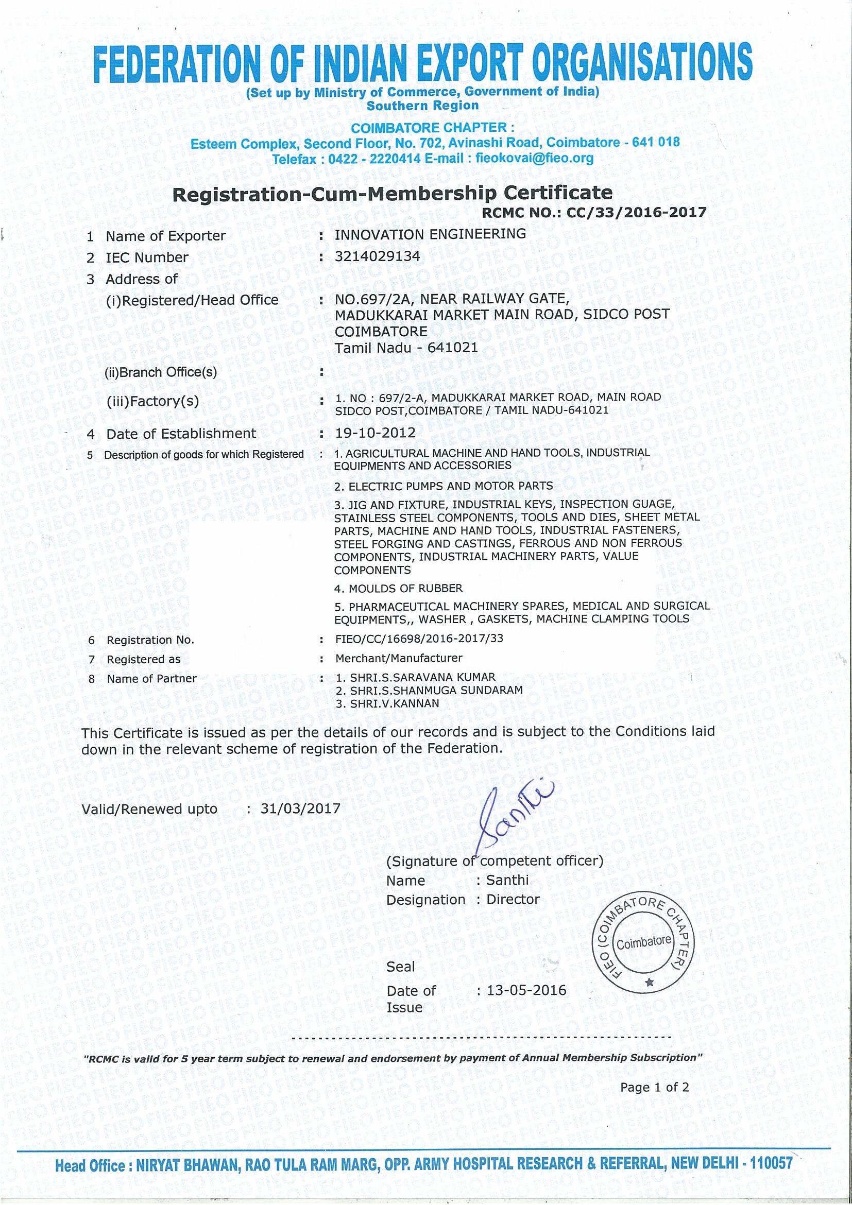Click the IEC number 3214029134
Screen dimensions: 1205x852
[378, 256]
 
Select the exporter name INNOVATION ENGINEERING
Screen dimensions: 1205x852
[430, 234]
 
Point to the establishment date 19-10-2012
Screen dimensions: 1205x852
[375, 433]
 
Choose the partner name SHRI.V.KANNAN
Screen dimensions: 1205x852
[387, 703]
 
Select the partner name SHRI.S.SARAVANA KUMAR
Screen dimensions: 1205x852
[415, 678]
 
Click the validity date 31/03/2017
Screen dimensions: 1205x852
[300, 808]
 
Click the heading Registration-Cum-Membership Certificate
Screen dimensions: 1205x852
[393, 193]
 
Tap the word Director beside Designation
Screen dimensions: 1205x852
[513, 899]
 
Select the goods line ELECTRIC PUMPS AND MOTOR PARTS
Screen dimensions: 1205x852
[444, 486]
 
